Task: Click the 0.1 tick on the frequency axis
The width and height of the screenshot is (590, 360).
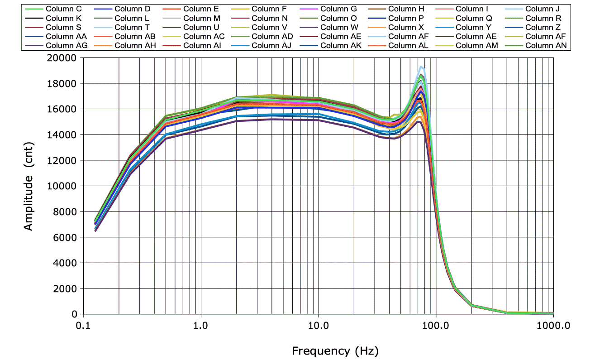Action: (x=83, y=326)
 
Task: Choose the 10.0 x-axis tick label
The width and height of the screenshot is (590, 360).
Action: (x=318, y=326)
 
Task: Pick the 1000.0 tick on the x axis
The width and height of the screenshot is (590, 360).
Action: (x=553, y=326)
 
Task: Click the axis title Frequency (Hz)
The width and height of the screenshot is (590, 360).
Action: (x=335, y=350)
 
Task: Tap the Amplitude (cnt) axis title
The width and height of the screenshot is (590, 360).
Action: (x=29, y=197)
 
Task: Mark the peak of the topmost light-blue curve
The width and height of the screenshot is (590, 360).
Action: (x=421, y=67)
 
